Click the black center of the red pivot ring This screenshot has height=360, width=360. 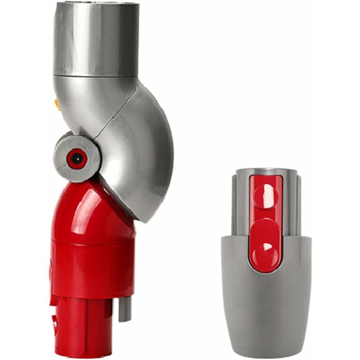click(x=77, y=158)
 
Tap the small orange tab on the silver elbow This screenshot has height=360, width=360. click(x=57, y=104)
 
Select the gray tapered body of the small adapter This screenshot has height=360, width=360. click(x=265, y=306)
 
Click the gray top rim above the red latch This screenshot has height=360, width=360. click(x=265, y=172)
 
